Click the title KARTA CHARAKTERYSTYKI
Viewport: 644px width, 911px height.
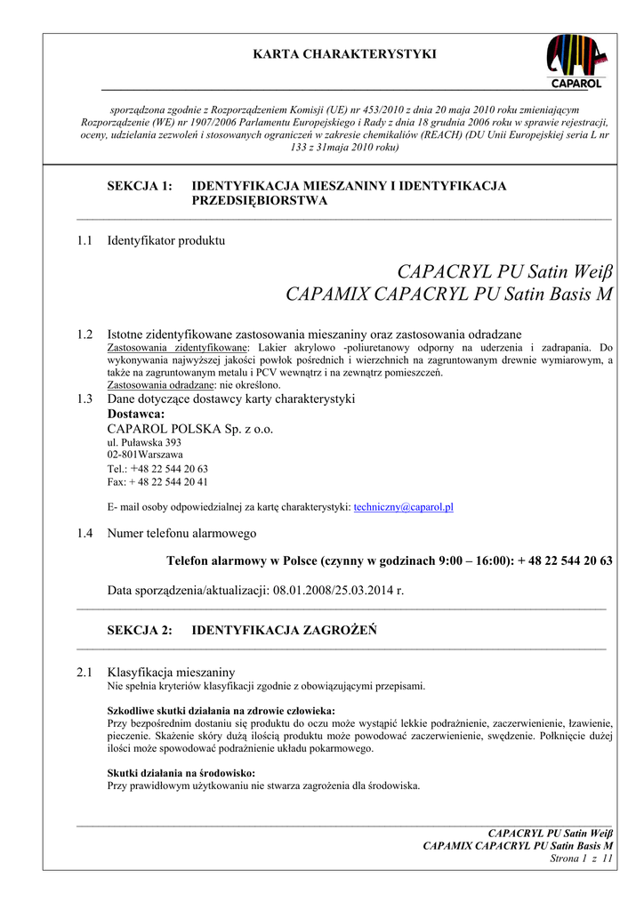[x=345, y=54]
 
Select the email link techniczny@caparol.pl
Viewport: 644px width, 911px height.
[x=404, y=506]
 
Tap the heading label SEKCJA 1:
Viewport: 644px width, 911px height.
[x=140, y=186]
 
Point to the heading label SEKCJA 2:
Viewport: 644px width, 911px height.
[x=140, y=631]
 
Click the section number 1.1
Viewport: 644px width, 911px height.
[x=85, y=240]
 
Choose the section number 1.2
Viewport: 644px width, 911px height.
[x=85, y=335]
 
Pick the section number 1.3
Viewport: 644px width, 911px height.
[x=85, y=399]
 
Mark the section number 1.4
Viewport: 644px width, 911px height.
[x=85, y=533]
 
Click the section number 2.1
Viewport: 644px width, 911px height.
[x=85, y=673]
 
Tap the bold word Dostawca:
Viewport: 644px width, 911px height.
[x=136, y=414]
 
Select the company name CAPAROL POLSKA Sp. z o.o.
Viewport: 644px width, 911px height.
[x=190, y=429]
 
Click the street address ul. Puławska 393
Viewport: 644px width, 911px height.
[x=144, y=442]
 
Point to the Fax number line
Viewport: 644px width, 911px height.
[x=157, y=481]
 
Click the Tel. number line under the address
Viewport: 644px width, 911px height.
[x=157, y=468]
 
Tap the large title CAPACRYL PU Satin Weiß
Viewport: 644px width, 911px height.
[x=505, y=270]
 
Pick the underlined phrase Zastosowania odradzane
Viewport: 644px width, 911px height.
[x=160, y=385]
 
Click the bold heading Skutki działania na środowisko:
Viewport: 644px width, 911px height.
[x=181, y=773]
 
